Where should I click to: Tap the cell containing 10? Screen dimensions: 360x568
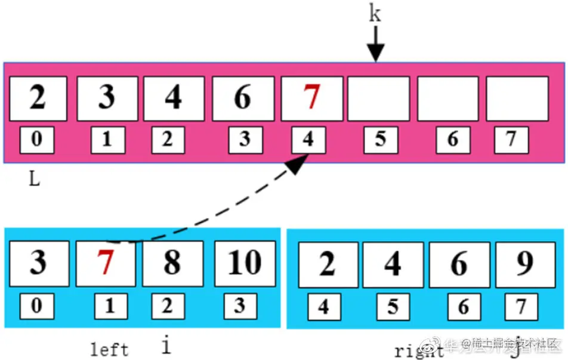245,263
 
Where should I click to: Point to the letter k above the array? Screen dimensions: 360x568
375,14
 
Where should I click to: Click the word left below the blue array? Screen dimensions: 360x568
109,349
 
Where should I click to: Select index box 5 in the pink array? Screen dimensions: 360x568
381,140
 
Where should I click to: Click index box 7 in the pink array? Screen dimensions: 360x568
511,140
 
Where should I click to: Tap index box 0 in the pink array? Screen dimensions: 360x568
37,140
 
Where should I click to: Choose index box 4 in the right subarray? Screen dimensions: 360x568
324,307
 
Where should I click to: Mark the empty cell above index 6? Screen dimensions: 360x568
447,98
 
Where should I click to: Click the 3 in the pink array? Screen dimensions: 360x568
107,98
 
